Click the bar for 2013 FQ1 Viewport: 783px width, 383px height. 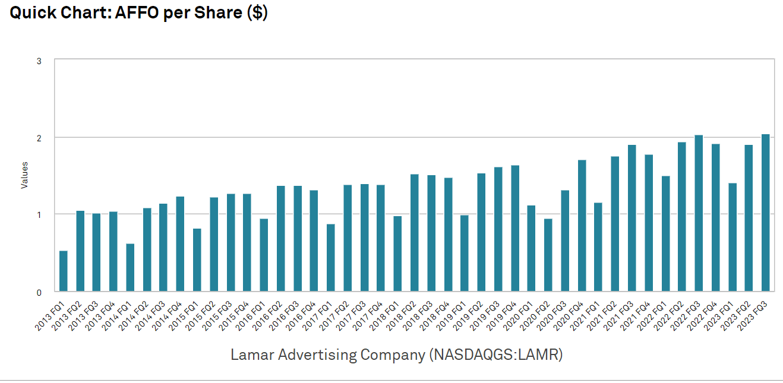tap(64, 271)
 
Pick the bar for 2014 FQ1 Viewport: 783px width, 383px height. tap(130, 268)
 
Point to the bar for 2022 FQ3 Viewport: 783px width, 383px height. tap(699, 213)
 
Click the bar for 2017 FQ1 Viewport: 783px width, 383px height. tap(331, 258)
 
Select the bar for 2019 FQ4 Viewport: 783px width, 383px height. tap(515, 229)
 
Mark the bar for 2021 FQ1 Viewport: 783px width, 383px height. tap(598, 247)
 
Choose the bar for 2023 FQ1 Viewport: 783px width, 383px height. tap(732, 238)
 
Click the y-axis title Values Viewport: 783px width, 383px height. tap(24, 175)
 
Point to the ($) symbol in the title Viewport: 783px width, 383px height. tap(257, 12)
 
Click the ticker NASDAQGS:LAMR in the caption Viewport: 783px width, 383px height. tap(497, 355)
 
